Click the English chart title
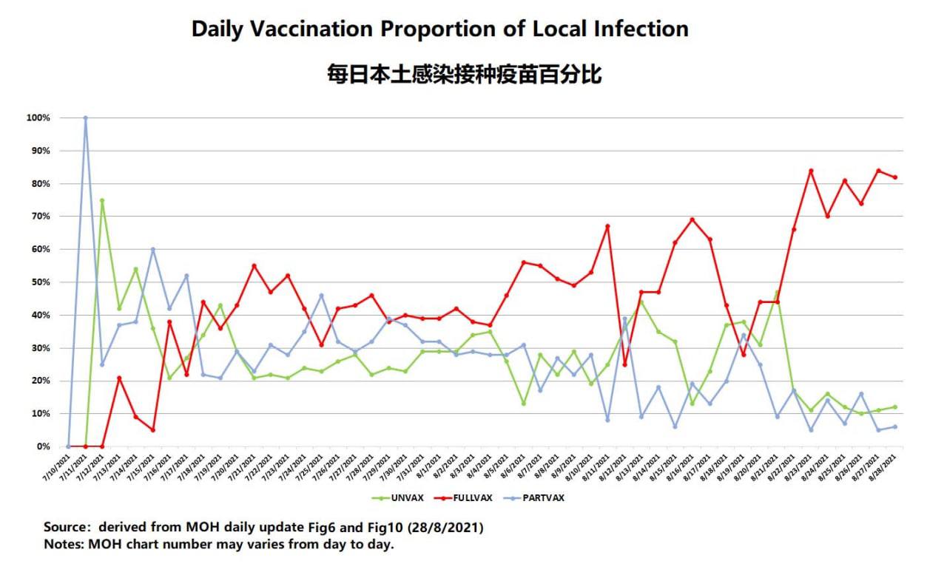(x=439, y=29)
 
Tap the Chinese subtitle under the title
(x=464, y=75)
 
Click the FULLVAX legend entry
(x=477, y=497)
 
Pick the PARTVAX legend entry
(x=542, y=497)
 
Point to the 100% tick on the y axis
(x=38, y=118)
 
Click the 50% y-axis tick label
(x=41, y=282)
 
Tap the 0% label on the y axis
(x=44, y=446)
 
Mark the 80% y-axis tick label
(x=41, y=184)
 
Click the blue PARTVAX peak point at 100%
(x=85, y=118)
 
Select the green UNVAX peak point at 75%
(x=102, y=200)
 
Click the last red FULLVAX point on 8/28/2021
(x=894, y=177)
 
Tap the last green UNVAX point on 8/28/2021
(x=894, y=407)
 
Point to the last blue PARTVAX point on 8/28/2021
(x=894, y=426)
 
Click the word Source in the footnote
(x=65, y=528)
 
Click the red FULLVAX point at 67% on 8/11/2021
(x=607, y=226)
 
